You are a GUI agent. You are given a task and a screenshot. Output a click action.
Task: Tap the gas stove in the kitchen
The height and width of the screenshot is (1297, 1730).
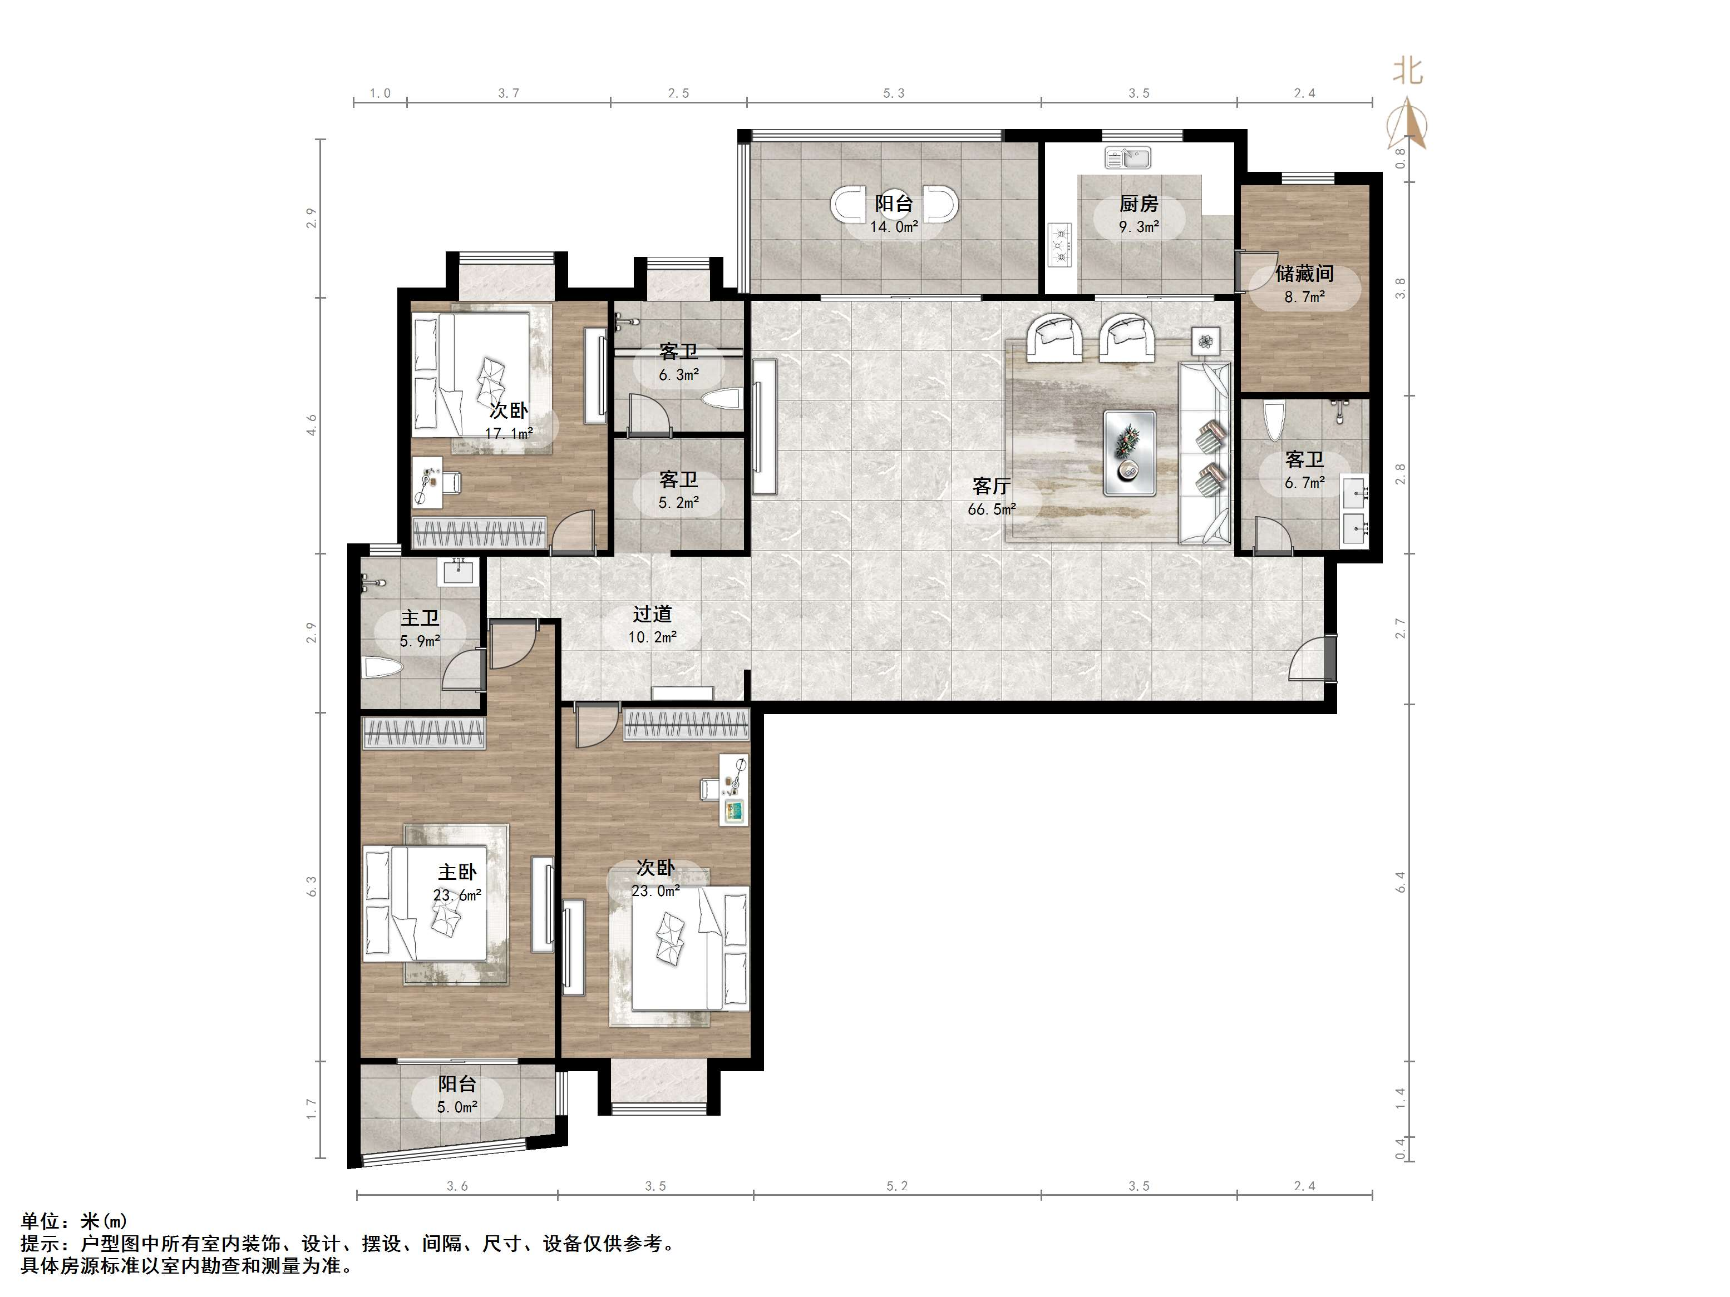tap(1061, 245)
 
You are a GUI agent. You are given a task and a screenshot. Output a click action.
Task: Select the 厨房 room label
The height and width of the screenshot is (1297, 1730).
tap(1138, 204)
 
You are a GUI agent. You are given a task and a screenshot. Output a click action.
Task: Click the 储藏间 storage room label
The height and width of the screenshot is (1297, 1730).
tap(1304, 274)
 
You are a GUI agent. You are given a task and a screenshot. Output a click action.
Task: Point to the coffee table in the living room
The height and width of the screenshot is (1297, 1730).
tap(1130, 453)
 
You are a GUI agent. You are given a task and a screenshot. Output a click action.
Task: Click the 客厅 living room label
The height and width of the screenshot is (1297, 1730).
tap(992, 486)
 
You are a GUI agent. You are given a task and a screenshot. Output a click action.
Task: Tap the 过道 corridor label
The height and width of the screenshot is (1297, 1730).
tap(652, 615)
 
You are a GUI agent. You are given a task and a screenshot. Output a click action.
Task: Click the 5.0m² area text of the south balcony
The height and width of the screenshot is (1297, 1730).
tap(457, 1107)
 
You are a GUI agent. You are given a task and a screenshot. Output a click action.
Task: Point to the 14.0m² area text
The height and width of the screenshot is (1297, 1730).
tap(895, 227)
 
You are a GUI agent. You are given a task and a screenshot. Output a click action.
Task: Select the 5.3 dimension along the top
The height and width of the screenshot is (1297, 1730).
tap(894, 93)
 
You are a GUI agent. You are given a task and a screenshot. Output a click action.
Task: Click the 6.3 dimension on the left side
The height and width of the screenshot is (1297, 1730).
tap(312, 886)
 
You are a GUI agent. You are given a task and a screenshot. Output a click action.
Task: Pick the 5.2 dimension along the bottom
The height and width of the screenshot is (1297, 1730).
tap(897, 1186)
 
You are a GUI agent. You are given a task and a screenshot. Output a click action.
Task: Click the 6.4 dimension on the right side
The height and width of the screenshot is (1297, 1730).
tap(1401, 883)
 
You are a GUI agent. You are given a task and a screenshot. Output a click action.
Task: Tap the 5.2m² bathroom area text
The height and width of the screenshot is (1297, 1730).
tap(679, 503)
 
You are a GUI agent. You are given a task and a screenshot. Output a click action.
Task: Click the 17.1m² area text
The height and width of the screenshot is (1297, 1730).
tap(509, 433)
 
